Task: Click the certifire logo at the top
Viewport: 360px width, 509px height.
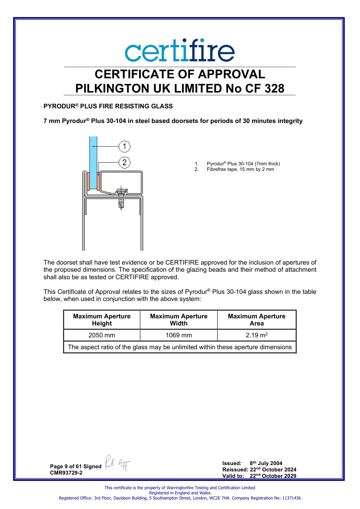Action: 180,50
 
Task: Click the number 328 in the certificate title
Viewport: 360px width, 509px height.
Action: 274,88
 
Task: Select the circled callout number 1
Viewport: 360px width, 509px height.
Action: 125,146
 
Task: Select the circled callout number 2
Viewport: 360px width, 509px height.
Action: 125,163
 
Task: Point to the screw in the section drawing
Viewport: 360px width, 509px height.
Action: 121,198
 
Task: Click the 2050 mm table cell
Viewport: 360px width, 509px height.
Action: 102,335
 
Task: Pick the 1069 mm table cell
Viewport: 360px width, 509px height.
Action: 179,335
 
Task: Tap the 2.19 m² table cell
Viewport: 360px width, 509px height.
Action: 257,335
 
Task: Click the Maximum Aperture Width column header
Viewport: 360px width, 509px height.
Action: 179,320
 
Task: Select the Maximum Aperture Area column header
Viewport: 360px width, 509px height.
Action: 257,320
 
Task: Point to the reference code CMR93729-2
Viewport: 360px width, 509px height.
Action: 66,473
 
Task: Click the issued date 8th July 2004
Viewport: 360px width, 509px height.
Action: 266,463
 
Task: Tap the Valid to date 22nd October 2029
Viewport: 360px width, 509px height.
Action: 273,476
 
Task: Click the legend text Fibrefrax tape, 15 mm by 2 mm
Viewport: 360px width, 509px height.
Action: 240,169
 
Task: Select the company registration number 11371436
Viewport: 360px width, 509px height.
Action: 292,498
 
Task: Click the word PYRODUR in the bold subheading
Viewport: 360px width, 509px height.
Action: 59,106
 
